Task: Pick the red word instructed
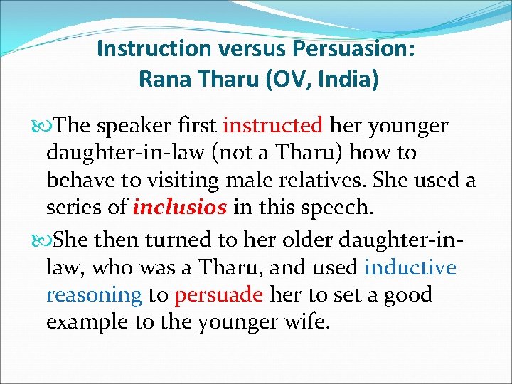(x=272, y=126)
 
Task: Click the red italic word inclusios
(x=180, y=207)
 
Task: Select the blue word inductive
(x=410, y=268)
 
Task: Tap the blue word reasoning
(x=94, y=295)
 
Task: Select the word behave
(x=78, y=180)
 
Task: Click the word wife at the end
(x=309, y=322)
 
